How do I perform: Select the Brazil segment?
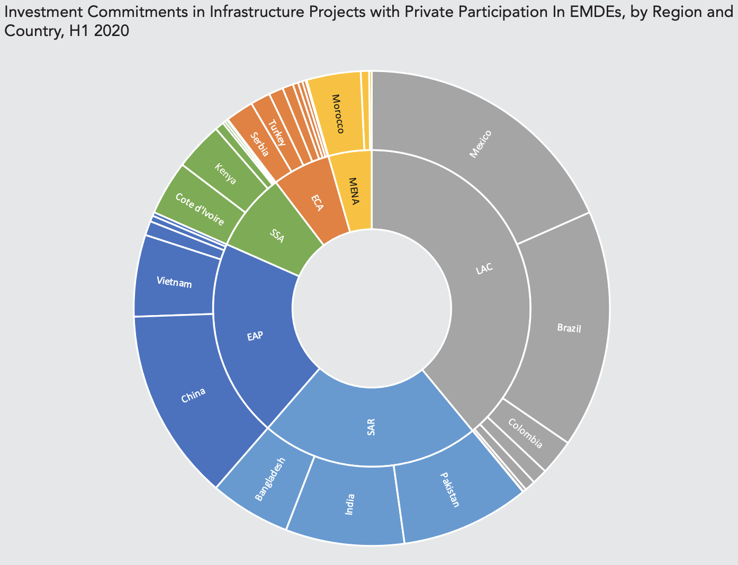[x=569, y=328]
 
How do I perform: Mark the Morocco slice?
[x=339, y=114]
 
